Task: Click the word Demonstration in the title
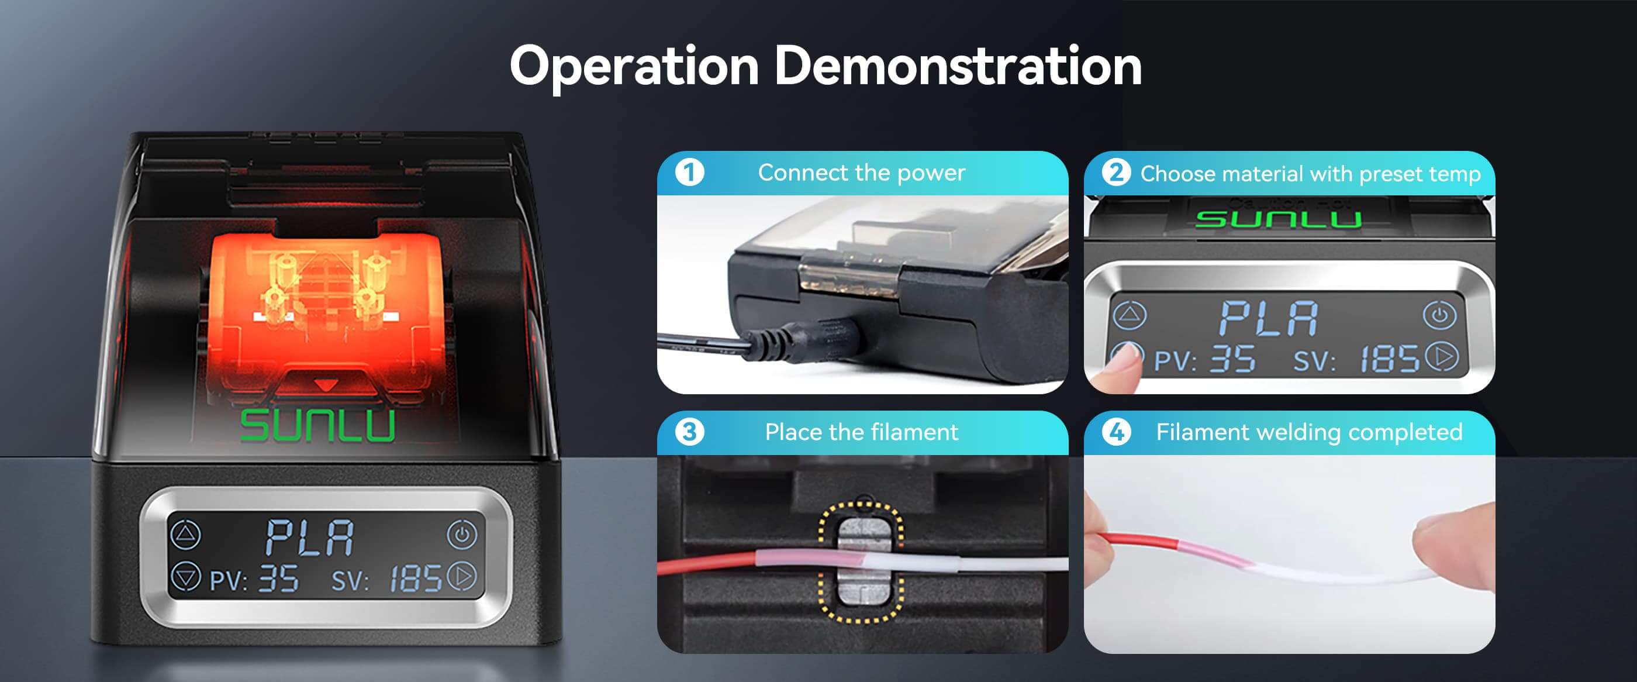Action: (x=958, y=66)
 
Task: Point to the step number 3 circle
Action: (x=689, y=432)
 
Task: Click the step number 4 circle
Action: (x=1117, y=432)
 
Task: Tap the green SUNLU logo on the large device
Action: (x=317, y=425)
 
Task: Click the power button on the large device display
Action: (x=462, y=535)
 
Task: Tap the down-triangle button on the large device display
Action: (x=185, y=577)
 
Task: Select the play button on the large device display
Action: (x=462, y=576)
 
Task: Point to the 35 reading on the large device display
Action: (x=278, y=579)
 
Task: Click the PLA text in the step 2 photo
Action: (x=1269, y=318)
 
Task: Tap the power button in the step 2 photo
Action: (x=1439, y=315)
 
